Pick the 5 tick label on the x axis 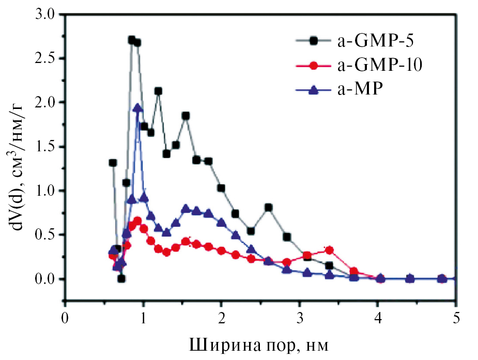[x=456, y=316]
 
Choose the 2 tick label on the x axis [x=221, y=316]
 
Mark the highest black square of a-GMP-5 [x=132, y=40]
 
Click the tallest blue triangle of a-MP [x=137, y=108]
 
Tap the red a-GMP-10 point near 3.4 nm [x=330, y=250]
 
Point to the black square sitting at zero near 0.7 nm [x=121, y=279]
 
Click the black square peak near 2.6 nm [x=268, y=208]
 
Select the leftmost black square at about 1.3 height [x=113, y=163]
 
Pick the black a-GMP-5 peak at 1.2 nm [x=158, y=91]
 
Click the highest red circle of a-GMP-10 [x=137, y=221]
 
